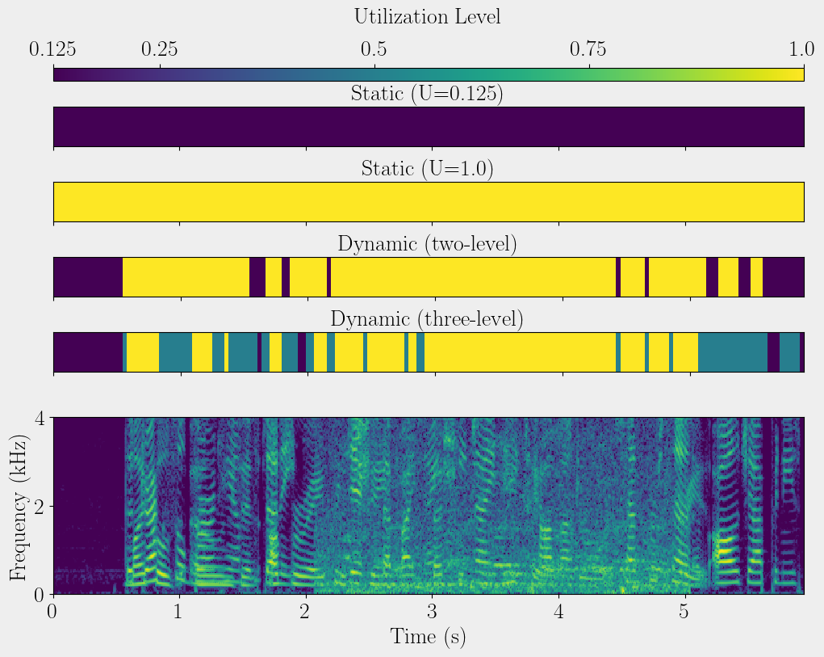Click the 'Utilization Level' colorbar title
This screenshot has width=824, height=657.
pos(428,16)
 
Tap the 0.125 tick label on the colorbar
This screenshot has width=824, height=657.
pos(53,50)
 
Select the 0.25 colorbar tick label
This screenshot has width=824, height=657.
pos(160,50)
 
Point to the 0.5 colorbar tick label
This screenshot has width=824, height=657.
pos(374,50)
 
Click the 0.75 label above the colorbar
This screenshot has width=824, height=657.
pos(589,50)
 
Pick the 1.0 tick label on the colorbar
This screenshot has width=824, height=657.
pos(801,50)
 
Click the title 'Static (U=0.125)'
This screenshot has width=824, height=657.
pos(428,94)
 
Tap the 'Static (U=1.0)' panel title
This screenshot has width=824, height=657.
pos(428,169)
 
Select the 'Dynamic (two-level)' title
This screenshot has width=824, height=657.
pos(428,244)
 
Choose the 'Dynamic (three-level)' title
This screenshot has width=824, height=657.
pos(428,319)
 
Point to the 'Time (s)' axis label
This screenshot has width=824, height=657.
pos(428,636)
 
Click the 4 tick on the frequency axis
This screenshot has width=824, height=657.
pos(39,418)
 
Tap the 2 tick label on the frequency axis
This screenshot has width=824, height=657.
pos(39,506)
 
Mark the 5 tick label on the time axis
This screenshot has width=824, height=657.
pos(685,610)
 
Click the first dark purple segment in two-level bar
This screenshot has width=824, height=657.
pos(87,277)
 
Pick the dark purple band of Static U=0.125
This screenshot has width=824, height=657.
pos(428,127)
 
